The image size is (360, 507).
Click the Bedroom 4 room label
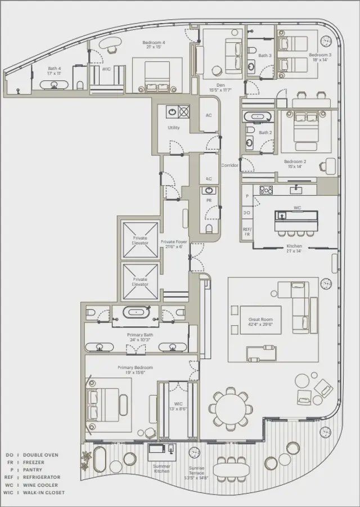(x=154, y=44)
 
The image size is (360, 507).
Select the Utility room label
(x=174, y=128)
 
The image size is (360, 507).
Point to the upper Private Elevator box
(x=140, y=241)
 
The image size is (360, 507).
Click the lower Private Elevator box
(x=140, y=281)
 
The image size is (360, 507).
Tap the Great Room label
(x=260, y=321)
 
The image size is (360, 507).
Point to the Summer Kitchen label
(x=162, y=469)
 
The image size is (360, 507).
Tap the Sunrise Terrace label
(x=197, y=470)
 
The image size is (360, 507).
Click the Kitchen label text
(x=294, y=248)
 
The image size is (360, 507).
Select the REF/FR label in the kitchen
(x=247, y=231)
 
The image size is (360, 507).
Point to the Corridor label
(x=230, y=165)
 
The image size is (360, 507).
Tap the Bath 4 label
(x=54, y=70)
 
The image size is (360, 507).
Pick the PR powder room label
(x=209, y=200)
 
